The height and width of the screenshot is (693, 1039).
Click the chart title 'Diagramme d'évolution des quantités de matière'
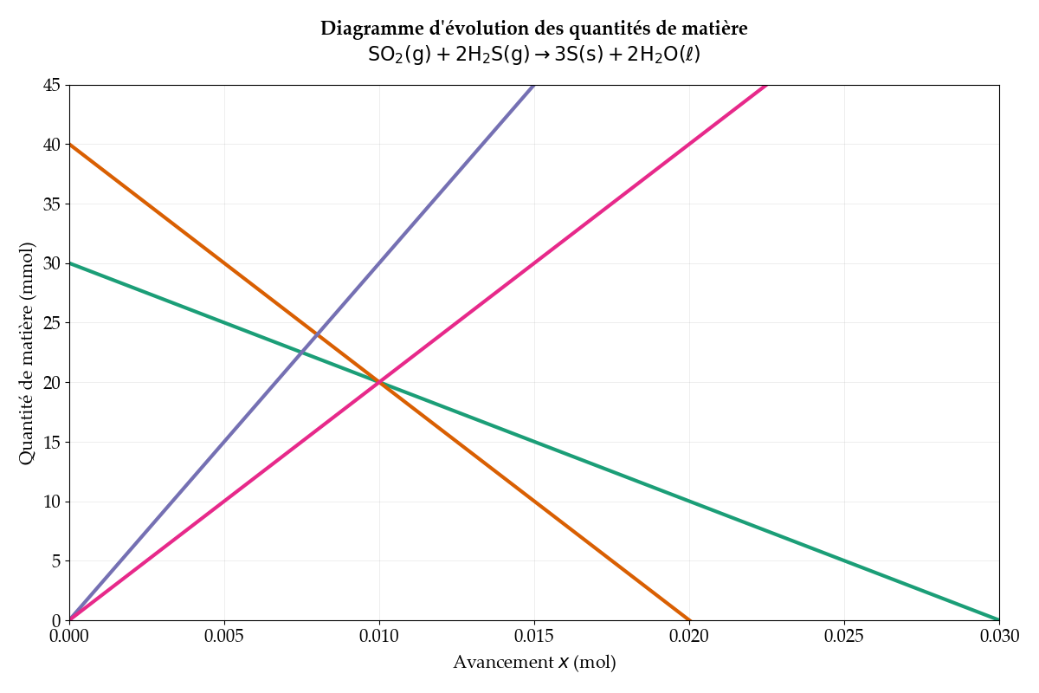[533, 29]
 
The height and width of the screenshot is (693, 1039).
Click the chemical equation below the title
[533, 55]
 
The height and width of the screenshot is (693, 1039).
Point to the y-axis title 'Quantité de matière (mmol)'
[27, 353]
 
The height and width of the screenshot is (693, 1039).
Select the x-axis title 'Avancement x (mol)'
[534, 663]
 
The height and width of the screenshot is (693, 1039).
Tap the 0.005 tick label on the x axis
[224, 637]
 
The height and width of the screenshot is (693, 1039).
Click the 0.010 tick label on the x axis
[379, 637]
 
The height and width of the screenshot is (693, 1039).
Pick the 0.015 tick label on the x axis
[534, 637]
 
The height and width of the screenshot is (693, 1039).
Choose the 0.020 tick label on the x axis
[689, 637]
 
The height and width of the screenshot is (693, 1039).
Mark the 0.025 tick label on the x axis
[844, 637]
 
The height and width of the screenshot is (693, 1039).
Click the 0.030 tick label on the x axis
[999, 637]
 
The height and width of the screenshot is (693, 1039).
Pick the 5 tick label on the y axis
[56, 560]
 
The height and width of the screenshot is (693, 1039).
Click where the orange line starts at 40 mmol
[70, 145]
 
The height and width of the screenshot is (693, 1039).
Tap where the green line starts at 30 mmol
[70, 263]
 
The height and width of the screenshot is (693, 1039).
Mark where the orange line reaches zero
[689, 620]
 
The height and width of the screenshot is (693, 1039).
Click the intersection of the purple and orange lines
[317, 335]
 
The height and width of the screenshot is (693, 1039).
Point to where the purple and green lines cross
[301, 353]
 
